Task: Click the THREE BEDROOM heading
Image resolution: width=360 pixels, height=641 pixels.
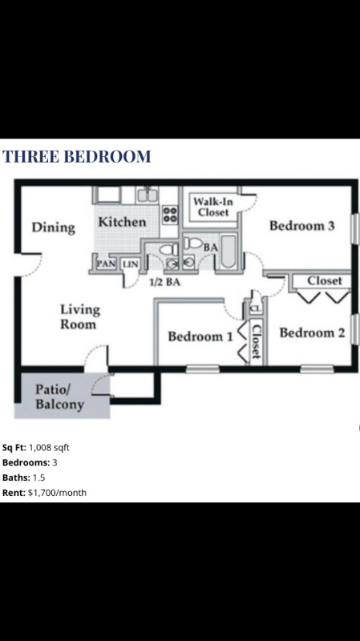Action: tap(77, 156)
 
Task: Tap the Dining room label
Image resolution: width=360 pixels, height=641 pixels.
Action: tap(54, 228)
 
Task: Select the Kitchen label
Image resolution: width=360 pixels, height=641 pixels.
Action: tap(122, 222)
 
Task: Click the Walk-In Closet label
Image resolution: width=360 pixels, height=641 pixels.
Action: tap(212, 207)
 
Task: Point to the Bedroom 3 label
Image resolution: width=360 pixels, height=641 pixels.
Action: tap(301, 226)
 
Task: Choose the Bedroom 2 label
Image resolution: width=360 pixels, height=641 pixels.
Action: tap(312, 333)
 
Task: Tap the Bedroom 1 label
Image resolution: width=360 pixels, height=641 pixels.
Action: tap(200, 337)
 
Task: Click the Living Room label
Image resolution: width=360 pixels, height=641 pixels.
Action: tap(79, 316)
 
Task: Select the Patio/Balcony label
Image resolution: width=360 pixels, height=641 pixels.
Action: tap(59, 397)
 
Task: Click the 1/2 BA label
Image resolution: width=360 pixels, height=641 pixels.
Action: tap(164, 282)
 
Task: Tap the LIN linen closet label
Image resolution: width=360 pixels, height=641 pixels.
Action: tap(131, 264)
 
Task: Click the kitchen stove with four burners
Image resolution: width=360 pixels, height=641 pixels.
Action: tap(170, 214)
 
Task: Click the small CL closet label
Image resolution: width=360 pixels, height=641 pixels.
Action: tap(254, 308)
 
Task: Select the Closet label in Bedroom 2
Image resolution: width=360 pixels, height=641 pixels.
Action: tap(325, 280)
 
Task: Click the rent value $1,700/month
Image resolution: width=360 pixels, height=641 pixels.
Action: tap(57, 493)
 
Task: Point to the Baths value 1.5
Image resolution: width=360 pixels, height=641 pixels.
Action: tap(39, 478)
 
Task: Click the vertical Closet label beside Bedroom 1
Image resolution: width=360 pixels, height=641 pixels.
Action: tap(257, 341)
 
